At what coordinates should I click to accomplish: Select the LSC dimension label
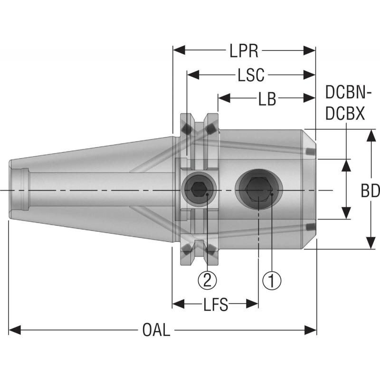coord(250,75)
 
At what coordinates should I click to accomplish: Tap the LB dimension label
coord(267,98)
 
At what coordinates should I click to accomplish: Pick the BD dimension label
coord(370,190)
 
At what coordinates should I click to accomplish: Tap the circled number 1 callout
coord(272,280)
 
